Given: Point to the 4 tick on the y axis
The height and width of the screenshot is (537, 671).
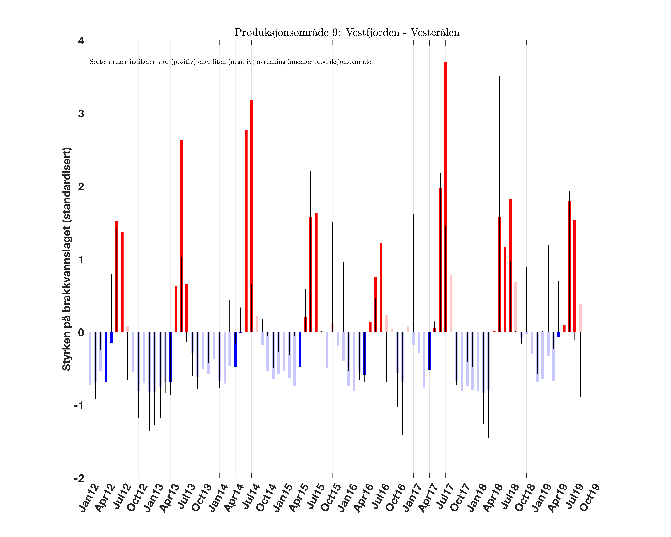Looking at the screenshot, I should tap(81, 41).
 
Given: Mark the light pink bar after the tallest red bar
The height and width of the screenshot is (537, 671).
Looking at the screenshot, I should tap(451, 303).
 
